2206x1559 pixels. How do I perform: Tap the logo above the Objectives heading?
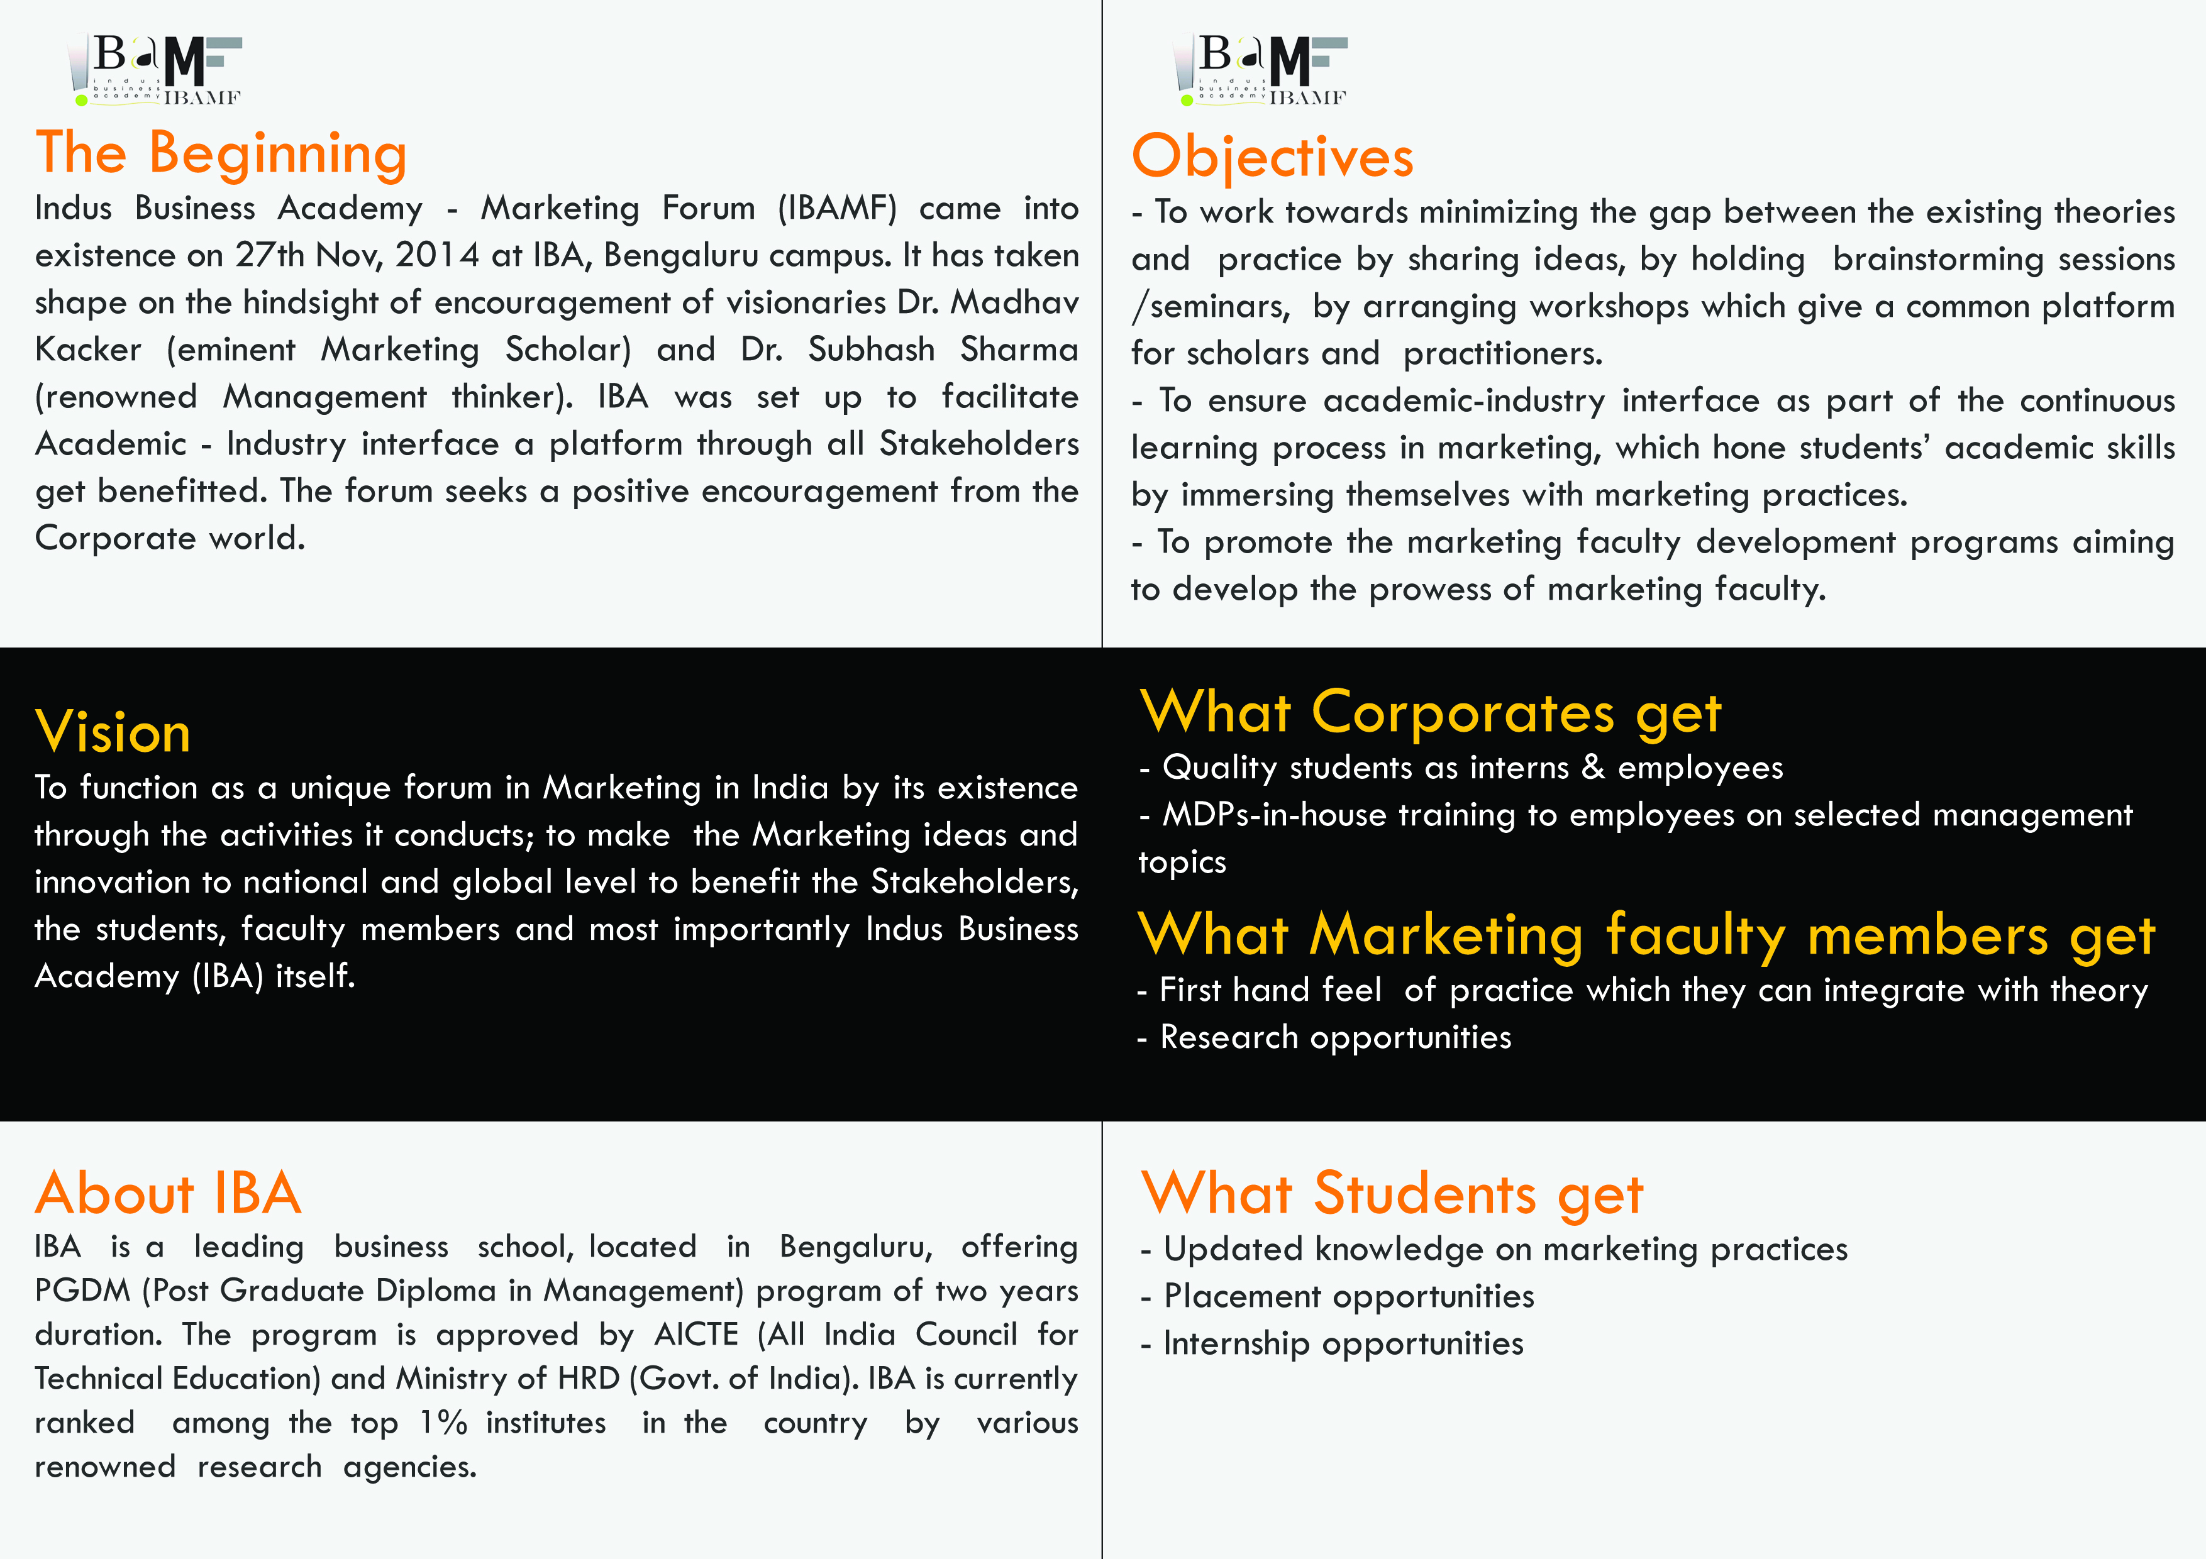tap(1261, 69)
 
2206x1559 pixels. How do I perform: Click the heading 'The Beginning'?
tap(222, 153)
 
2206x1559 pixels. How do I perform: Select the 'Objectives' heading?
tap(1272, 157)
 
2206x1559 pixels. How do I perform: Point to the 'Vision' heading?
tap(113, 732)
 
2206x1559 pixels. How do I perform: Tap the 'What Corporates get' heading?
tap(1429, 713)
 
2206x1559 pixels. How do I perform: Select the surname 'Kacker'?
tap(89, 350)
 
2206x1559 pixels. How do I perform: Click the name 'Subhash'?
tap(870, 350)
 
